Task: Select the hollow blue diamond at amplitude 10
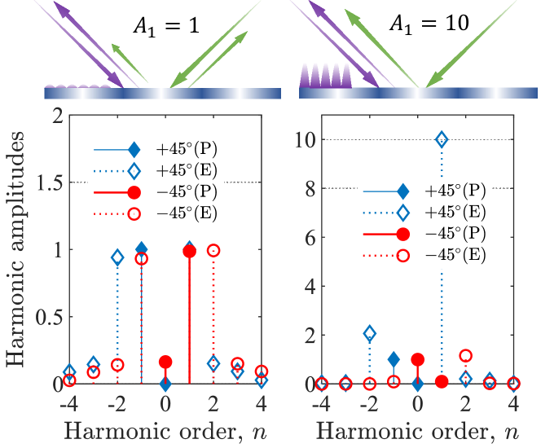click(442, 139)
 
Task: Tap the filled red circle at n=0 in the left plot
click(165, 361)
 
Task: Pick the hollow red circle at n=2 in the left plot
click(213, 251)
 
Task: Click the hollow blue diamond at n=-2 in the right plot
click(369, 333)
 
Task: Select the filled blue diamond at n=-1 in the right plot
click(394, 359)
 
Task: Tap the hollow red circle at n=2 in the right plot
click(466, 355)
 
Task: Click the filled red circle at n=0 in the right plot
click(417, 359)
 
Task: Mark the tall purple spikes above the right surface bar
click(327, 76)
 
